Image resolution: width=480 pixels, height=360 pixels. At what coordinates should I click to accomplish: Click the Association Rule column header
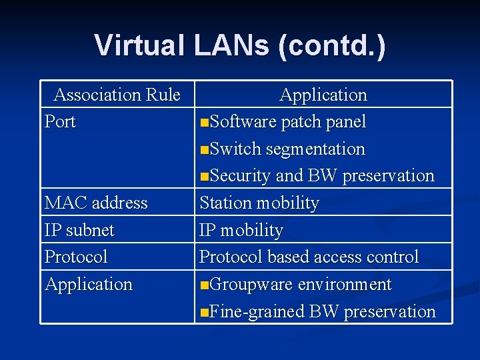pyautogui.click(x=117, y=95)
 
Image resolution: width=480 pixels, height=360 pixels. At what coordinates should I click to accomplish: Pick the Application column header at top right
pyautogui.click(x=323, y=95)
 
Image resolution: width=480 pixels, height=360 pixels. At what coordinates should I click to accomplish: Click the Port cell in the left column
pyautogui.click(x=60, y=122)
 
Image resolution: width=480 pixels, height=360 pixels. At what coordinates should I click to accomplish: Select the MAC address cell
pyautogui.click(x=96, y=203)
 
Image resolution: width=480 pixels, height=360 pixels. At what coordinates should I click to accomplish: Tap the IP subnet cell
pyautogui.click(x=79, y=230)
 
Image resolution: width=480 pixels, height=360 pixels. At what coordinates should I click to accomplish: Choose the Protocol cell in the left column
pyautogui.click(x=76, y=257)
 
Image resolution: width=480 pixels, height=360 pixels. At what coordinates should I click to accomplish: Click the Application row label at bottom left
pyautogui.click(x=89, y=284)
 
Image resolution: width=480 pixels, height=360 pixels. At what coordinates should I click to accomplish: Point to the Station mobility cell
pyautogui.click(x=259, y=203)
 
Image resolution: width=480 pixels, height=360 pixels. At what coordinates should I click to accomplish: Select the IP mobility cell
pyautogui.click(x=241, y=230)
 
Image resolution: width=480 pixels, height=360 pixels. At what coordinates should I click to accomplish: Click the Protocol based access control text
pyautogui.click(x=309, y=257)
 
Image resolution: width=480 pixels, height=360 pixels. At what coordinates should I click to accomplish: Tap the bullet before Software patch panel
pyautogui.click(x=205, y=123)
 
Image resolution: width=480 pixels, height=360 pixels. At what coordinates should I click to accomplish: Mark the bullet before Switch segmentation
pyautogui.click(x=205, y=149)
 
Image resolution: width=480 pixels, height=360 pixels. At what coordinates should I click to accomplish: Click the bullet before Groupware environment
pyautogui.click(x=205, y=285)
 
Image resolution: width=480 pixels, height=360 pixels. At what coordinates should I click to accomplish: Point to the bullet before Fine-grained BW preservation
pyautogui.click(x=205, y=312)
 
